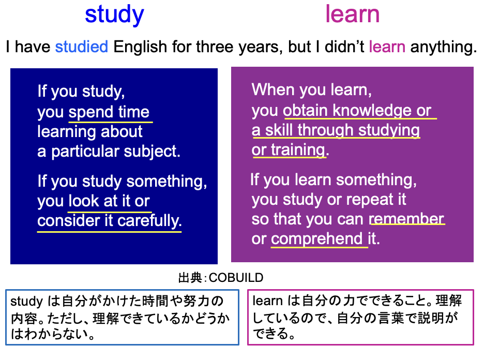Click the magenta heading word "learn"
point(353,14)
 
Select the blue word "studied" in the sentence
point(82,47)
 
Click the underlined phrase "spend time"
point(109,112)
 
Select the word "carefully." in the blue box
point(150,221)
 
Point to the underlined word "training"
point(298,151)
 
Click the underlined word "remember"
point(406,219)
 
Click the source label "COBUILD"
point(236,278)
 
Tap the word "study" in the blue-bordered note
point(26,302)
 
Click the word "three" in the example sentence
point(214,47)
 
